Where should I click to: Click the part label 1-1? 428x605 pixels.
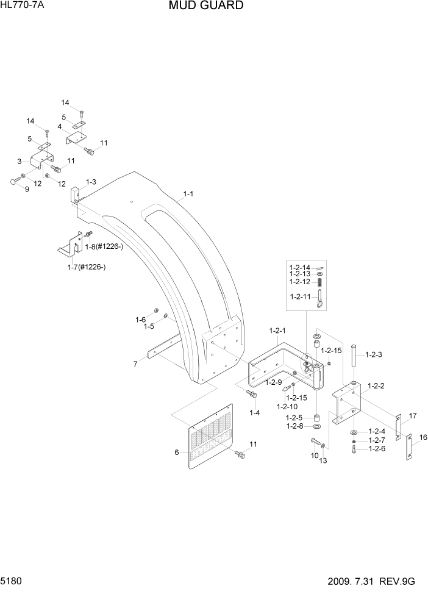click(188, 195)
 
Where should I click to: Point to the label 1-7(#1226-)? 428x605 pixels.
click(87, 267)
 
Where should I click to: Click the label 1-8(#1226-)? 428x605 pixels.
click(104, 246)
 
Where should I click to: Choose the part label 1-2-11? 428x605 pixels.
click(301, 297)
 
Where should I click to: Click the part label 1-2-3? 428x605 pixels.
click(373, 354)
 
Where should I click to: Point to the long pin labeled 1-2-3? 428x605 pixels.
click(352, 362)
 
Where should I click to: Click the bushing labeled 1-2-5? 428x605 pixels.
click(317, 418)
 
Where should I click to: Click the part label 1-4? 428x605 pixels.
click(254, 413)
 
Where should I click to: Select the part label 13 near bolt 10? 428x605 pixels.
click(323, 460)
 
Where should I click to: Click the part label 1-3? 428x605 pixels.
click(91, 182)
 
